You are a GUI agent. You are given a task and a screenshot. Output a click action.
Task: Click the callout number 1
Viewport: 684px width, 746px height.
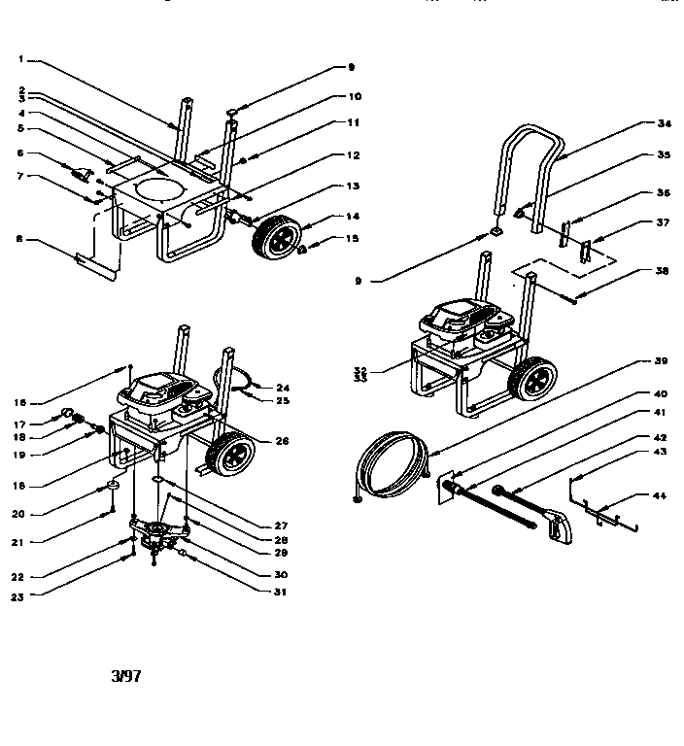[21, 59]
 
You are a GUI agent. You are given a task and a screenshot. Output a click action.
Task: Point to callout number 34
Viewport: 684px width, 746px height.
[665, 123]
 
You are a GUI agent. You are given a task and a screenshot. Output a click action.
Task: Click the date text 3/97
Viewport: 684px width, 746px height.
[126, 676]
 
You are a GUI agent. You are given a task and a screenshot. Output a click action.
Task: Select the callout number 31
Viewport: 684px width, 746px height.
[282, 593]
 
